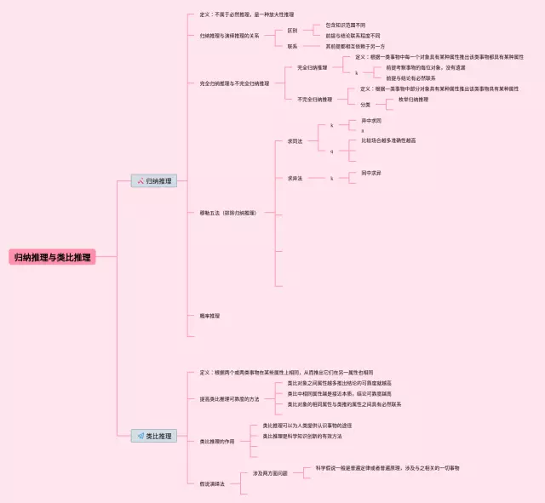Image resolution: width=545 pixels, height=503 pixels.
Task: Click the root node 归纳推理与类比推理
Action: (52, 257)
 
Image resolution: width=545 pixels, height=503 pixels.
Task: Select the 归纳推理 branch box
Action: (153, 181)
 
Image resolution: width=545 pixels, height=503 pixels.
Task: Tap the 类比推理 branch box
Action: (153, 436)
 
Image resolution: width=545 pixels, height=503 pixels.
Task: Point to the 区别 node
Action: (292, 30)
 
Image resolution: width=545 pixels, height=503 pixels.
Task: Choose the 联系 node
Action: (292, 46)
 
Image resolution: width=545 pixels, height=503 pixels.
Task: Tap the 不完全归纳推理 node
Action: (315, 100)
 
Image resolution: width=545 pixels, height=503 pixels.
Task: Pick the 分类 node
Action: (365, 105)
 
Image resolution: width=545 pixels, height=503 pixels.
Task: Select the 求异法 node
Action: (295, 178)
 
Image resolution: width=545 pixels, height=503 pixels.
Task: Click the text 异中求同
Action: (372, 121)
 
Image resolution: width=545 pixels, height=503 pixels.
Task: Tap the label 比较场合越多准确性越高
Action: (388, 140)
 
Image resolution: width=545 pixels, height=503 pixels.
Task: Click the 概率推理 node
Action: (209, 315)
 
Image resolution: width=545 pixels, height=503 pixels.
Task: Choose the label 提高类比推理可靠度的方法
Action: (229, 399)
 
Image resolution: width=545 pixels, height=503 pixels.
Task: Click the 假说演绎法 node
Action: (212, 483)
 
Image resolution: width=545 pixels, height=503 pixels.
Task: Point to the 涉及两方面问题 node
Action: (270, 473)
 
